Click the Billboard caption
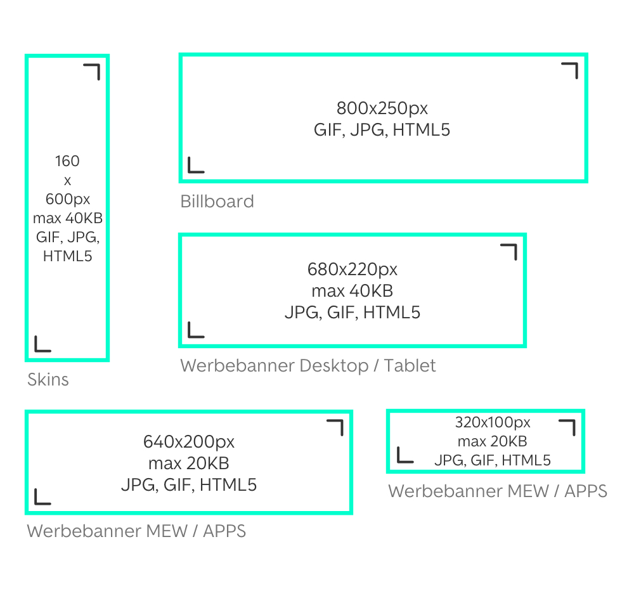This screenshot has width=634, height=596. pyautogui.click(x=217, y=202)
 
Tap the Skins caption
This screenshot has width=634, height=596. pyautogui.click(x=48, y=380)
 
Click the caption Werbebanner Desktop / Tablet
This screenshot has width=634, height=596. pyautogui.click(x=308, y=366)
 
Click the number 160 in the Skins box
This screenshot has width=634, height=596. pyautogui.click(x=67, y=161)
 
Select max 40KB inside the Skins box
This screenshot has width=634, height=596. pyautogui.click(x=67, y=219)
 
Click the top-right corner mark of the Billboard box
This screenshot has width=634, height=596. pyautogui.click(x=570, y=70)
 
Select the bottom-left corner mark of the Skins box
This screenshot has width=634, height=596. pyautogui.click(x=42, y=344)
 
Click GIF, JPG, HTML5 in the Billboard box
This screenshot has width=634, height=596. pyautogui.click(x=382, y=130)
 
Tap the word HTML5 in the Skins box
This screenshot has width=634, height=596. pyautogui.click(x=67, y=257)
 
